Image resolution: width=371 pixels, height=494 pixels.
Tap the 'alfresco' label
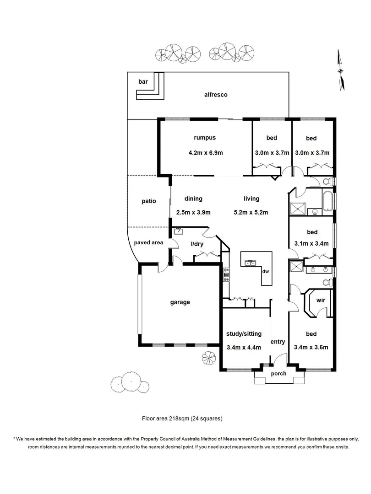pos(216,95)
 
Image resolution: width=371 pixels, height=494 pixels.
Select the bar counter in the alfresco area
pos(151,92)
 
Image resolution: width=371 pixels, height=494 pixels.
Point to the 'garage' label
pos(180,302)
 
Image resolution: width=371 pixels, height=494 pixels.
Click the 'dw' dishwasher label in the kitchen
pos(265,271)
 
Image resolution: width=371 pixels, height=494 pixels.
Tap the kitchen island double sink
pos(251,263)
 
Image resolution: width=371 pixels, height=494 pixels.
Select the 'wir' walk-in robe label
pos(321,301)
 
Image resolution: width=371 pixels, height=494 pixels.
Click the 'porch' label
pos(278,374)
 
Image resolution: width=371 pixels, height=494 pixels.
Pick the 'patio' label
pos(149,201)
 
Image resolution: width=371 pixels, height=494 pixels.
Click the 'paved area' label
pos(148,243)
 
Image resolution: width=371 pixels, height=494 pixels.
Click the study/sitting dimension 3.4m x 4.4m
pos(244,347)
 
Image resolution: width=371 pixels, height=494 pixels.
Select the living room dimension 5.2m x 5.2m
pos(251,212)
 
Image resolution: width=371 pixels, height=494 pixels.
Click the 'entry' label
pos(278,342)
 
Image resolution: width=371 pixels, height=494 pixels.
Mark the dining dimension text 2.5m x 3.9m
pos(193,212)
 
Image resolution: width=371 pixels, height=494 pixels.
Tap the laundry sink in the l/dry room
pos(177,231)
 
